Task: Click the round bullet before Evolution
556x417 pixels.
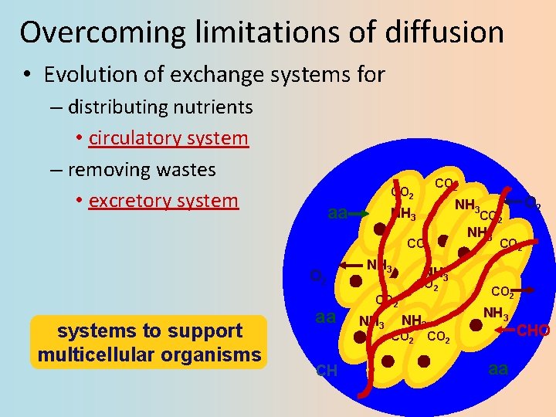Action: click(26, 76)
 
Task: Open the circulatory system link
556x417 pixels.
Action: click(168, 138)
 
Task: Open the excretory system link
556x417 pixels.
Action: click(164, 201)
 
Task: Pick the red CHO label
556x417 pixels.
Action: click(533, 331)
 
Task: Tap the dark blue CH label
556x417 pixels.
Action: click(327, 371)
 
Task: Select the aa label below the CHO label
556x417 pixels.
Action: click(498, 369)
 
